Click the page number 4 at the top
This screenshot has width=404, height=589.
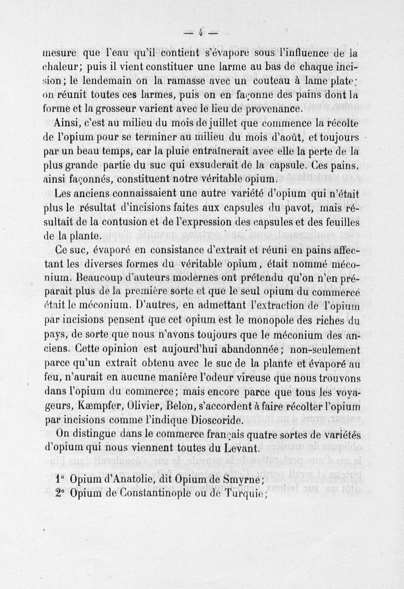click(x=200, y=34)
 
